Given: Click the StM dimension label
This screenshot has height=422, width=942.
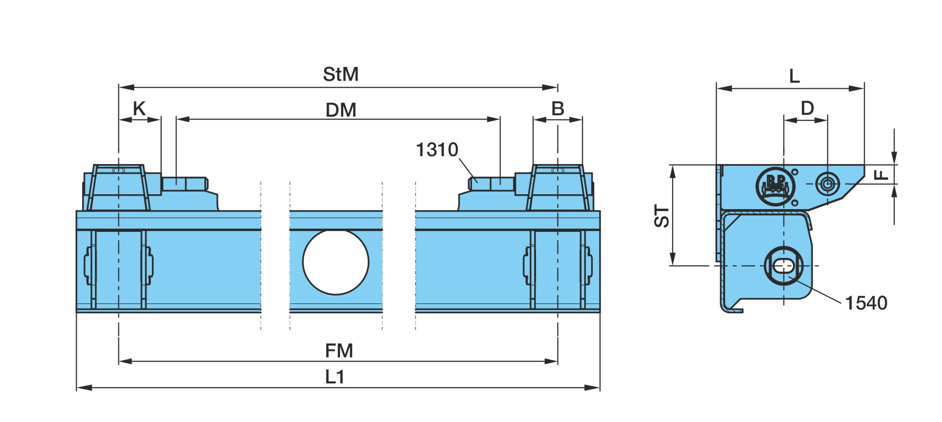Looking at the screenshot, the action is point(340,74).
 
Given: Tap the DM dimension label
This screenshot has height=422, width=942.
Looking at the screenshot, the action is point(341,110).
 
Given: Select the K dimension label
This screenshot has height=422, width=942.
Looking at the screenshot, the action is point(139,109).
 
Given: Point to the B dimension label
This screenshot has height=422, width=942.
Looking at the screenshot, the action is point(558,109).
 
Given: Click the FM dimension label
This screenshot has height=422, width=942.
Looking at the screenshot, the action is point(339,351).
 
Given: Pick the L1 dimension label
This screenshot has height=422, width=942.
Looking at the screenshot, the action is point(334,377).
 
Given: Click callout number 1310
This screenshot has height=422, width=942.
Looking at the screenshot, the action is point(437,150).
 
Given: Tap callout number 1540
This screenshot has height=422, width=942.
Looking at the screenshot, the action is point(866,303).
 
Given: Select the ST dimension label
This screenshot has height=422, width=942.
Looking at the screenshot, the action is point(662,216).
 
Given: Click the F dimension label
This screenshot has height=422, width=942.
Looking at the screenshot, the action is point(881,175).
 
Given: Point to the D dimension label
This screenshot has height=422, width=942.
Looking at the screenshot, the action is point(807,108).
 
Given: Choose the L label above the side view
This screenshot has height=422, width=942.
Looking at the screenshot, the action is point(794,76).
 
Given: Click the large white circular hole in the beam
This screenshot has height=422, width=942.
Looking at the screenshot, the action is point(335,262).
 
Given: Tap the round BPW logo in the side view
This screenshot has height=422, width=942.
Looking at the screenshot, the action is point(775,186).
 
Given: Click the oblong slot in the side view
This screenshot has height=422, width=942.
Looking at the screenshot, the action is point(784,266).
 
